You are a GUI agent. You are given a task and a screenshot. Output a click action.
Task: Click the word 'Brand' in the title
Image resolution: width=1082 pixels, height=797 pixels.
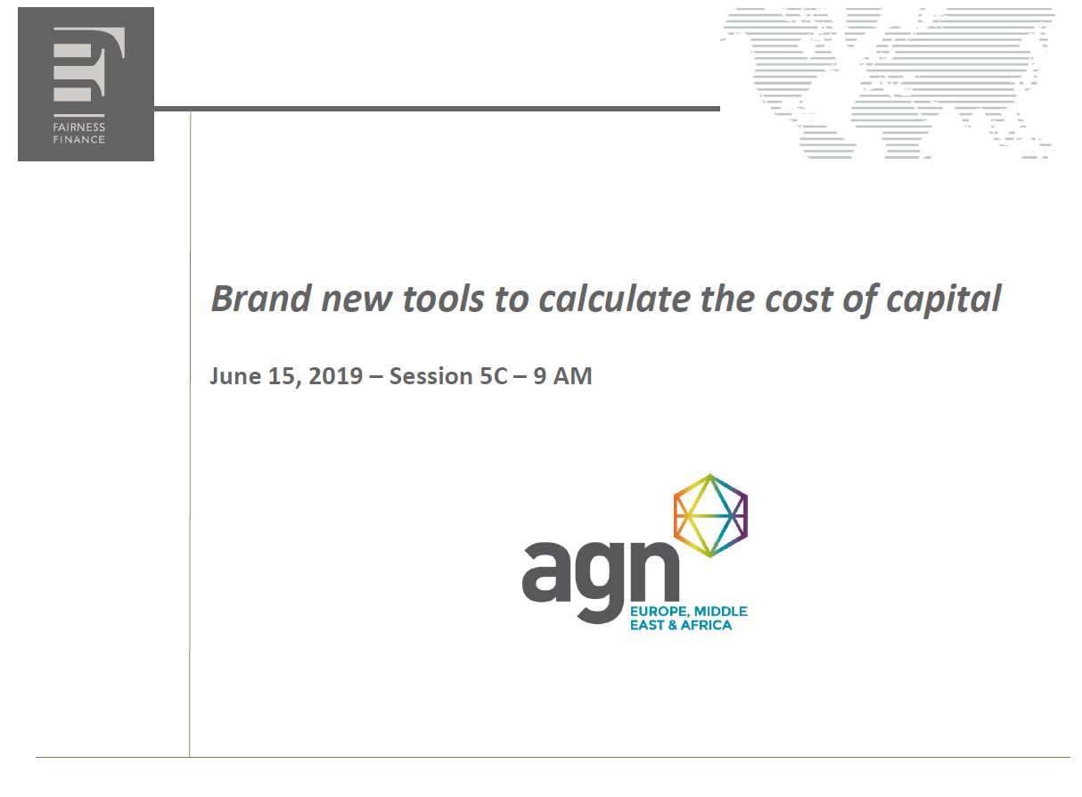point(261,299)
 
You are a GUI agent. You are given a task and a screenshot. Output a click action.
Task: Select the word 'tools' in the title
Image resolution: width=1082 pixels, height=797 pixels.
point(444,299)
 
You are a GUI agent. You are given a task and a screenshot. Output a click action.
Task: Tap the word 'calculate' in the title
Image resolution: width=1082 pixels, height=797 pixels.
point(615,299)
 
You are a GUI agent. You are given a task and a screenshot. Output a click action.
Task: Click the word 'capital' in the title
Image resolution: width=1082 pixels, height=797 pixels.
point(943,301)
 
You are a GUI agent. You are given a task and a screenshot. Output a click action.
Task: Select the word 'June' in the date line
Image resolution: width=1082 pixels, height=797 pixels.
point(235,376)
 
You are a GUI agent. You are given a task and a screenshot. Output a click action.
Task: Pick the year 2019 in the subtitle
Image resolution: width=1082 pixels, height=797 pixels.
point(336,376)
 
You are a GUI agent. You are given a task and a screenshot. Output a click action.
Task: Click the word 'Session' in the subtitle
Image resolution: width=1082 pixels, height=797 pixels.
point(430,376)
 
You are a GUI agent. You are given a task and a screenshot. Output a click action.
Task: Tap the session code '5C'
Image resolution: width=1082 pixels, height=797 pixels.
point(494,376)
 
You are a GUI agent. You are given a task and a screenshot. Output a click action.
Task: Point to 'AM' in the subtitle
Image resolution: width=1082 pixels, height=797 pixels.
point(572,376)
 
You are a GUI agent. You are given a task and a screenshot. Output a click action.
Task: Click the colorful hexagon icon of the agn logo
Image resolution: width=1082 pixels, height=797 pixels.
point(710,516)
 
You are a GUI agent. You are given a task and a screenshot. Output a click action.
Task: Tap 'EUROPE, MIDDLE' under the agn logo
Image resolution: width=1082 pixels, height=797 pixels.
point(689,612)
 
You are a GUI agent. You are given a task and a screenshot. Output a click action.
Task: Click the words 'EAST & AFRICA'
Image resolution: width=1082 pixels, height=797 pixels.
point(681,626)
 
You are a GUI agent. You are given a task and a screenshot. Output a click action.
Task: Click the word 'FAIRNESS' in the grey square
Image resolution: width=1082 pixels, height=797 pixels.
point(78,127)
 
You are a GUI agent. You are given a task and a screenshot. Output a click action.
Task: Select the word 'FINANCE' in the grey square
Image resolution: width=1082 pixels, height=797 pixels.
point(78,140)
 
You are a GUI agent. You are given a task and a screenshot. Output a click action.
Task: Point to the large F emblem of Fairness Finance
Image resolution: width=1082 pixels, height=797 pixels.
point(89,64)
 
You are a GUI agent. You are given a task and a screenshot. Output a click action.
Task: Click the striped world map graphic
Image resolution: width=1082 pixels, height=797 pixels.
point(888,83)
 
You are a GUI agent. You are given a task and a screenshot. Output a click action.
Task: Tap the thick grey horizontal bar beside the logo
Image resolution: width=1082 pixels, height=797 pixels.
point(437,109)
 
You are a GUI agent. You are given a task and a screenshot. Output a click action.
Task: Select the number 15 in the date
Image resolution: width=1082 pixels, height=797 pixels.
point(282,376)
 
